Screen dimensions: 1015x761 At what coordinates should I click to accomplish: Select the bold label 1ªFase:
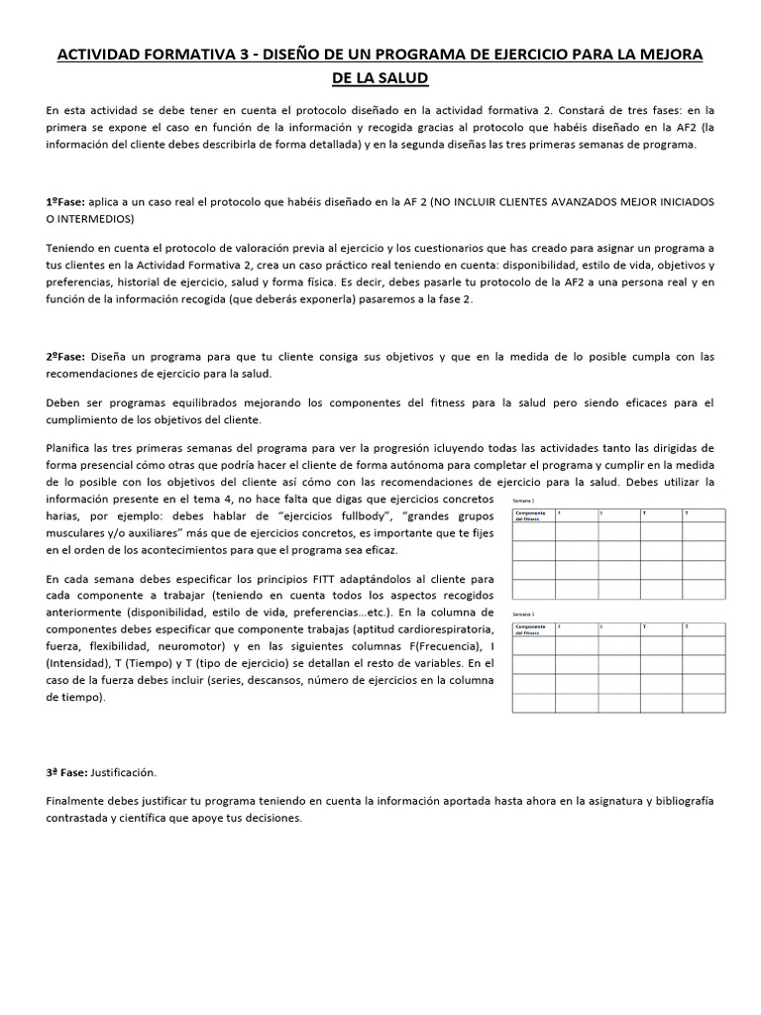tap(65, 201)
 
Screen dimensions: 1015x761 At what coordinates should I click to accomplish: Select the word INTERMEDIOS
tap(98, 218)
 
